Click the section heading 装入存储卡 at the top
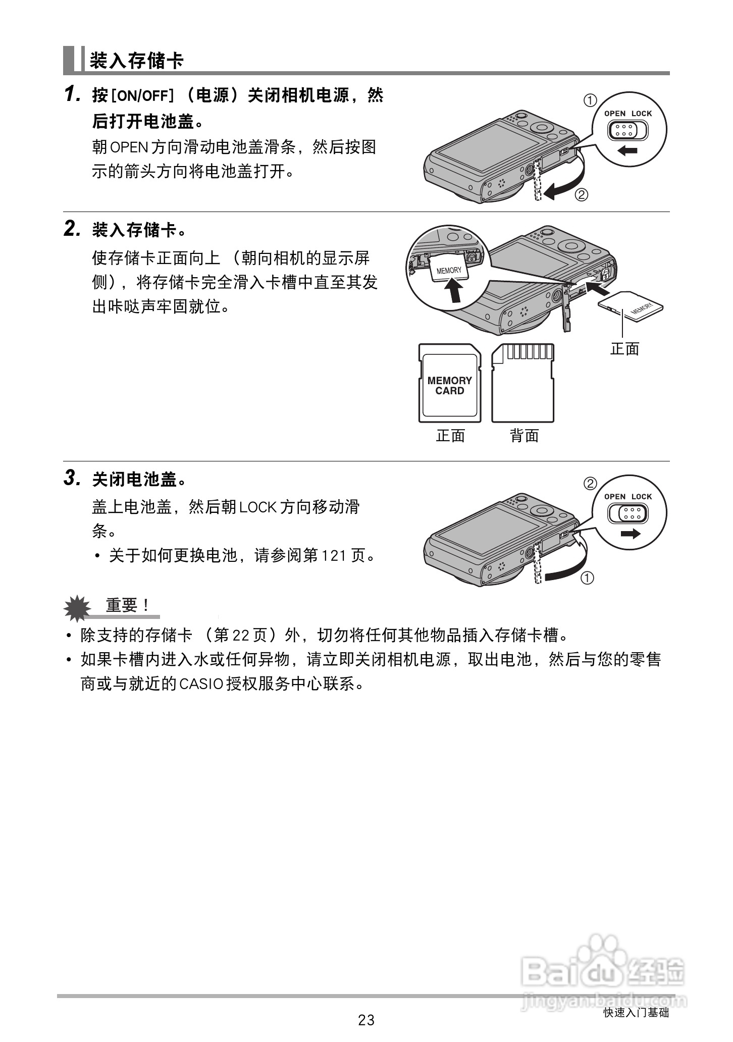[x=136, y=61]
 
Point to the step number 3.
[x=72, y=478]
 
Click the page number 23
[x=366, y=1020]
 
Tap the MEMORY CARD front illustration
[x=449, y=384]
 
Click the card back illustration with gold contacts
[x=523, y=384]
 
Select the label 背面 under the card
[x=524, y=435]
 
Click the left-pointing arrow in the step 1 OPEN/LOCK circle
[x=627, y=150]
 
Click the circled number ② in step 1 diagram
[x=582, y=195]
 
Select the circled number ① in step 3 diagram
[x=587, y=578]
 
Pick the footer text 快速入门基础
[x=636, y=1012]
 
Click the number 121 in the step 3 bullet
[x=334, y=556]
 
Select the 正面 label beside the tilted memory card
[x=624, y=349]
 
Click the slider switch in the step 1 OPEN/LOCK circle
[x=627, y=131]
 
